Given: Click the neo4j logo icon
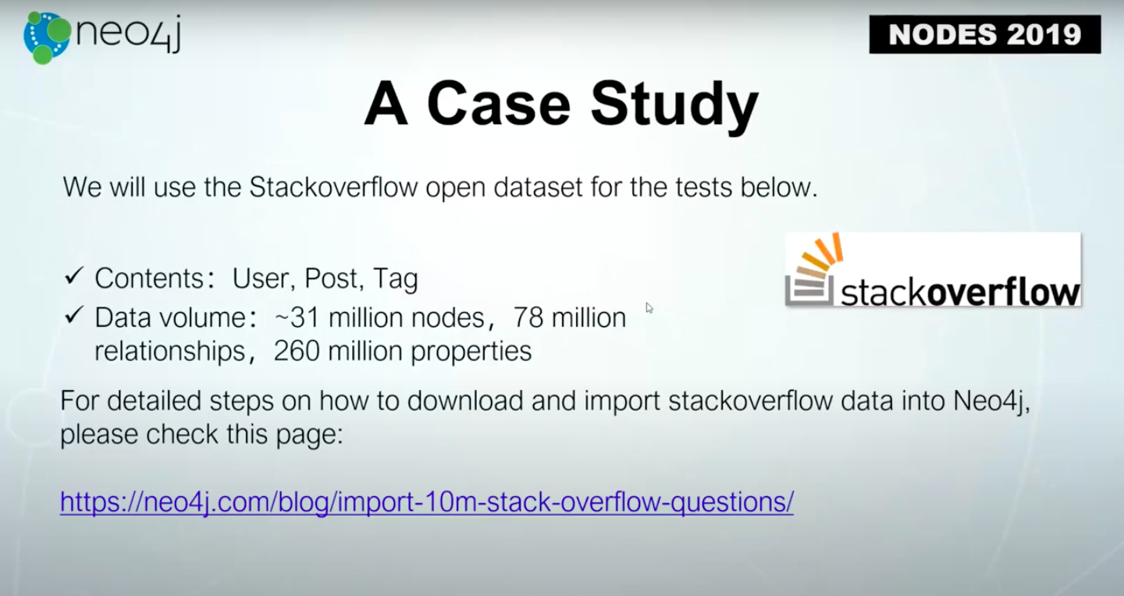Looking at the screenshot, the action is pos(47,38).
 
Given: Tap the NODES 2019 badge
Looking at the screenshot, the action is pos(985,34).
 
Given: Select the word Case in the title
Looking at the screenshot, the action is pos(499,105).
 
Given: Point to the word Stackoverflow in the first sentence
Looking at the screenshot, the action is pos(333,187).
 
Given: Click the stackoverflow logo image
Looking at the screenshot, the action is pos(933,269).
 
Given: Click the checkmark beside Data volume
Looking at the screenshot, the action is pos(73,315).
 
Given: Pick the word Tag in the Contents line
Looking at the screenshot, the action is pos(396,279).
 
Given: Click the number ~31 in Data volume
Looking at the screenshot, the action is pos(297,318).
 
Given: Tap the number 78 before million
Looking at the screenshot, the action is pos(528,318).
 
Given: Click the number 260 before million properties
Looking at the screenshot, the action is pos(297,351).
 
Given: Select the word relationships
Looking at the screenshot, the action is pos(169,351).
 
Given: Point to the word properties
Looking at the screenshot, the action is pos(471,352).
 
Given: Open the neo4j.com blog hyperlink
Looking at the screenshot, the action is pos(427,502).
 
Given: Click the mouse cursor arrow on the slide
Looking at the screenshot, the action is pos(649,308).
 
